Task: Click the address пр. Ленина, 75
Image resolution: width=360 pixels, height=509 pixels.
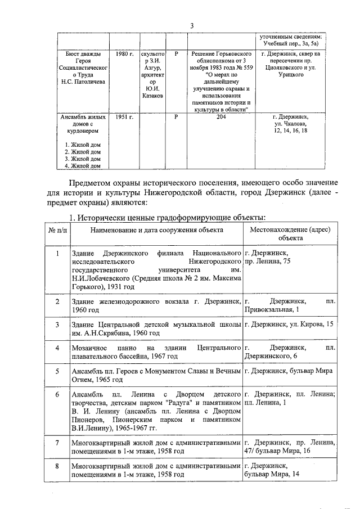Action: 268,262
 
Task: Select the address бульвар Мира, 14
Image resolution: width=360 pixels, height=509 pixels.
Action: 267,475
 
